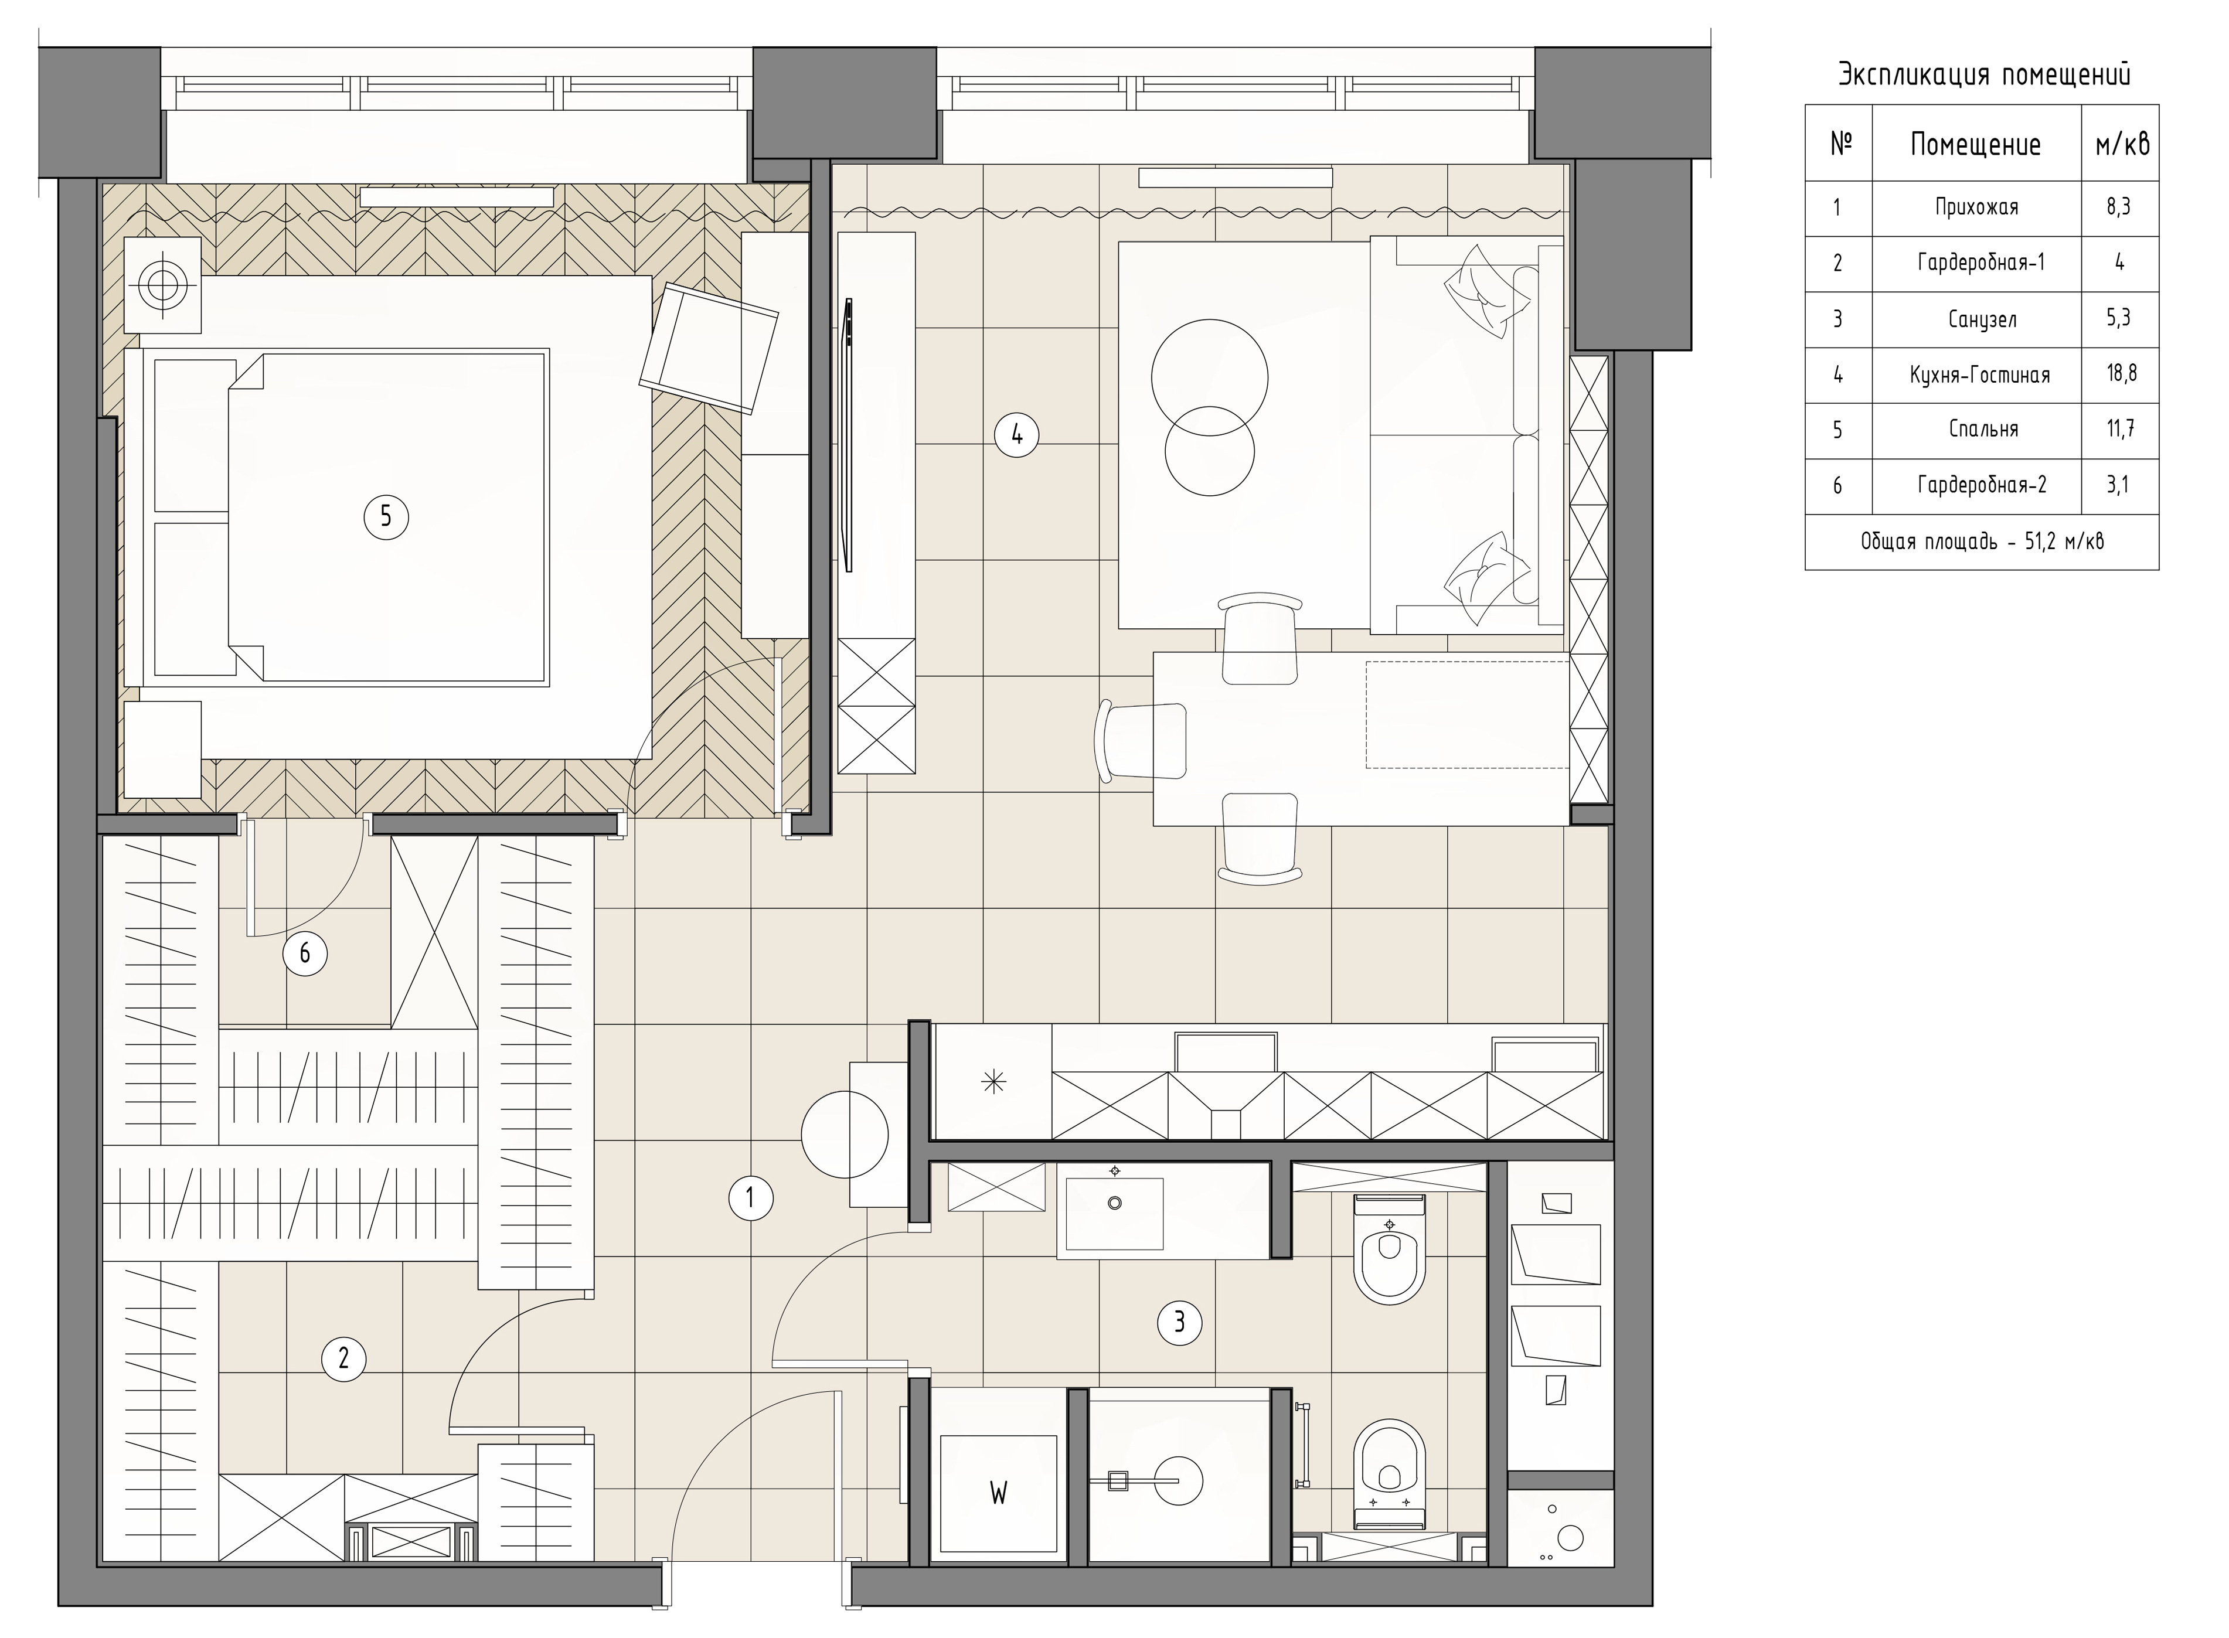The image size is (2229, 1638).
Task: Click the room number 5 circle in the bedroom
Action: click(386, 516)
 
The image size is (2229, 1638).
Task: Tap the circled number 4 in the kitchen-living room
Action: click(1016, 434)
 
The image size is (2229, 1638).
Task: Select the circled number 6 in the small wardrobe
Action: click(304, 953)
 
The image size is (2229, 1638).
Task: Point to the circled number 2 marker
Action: click(344, 1357)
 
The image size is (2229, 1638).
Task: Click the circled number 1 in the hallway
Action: click(751, 1198)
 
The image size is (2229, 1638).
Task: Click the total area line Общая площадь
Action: click(1982, 542)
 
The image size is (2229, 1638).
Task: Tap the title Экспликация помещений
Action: click(1984, 74)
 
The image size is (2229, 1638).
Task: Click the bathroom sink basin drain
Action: click(1115, 1204)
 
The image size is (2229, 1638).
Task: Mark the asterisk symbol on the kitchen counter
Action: click(992, 1083)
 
